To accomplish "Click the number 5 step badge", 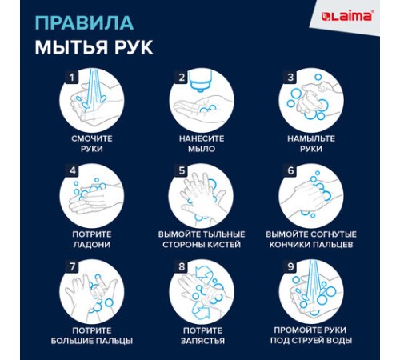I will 182,171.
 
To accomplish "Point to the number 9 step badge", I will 290,266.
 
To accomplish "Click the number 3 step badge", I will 290,78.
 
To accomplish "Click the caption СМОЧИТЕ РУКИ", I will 92,143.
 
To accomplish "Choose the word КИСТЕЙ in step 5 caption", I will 229,244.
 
